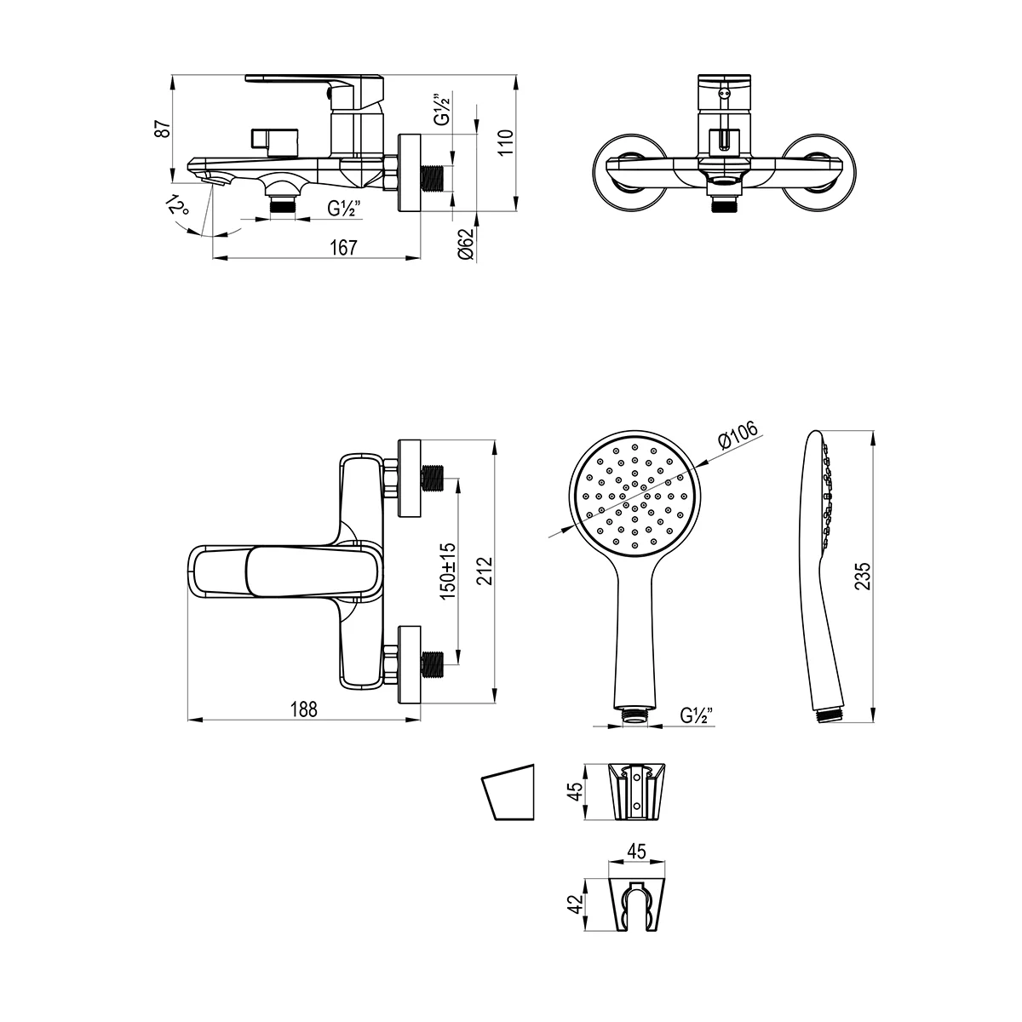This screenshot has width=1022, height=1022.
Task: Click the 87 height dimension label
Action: coord(164,129)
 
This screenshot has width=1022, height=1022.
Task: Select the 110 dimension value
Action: coord(505,142)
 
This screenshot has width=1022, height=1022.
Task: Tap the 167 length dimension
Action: coord(344,248)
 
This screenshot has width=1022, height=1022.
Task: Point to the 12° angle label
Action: coord(177,204)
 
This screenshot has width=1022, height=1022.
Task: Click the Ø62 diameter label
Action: coord(465,244)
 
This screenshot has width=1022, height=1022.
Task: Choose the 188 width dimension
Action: coord(303,709)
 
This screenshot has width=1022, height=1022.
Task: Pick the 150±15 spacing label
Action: coord(448,571)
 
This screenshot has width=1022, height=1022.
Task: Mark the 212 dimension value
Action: coord(485,571)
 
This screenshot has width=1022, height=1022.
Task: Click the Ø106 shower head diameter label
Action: coord(738,436)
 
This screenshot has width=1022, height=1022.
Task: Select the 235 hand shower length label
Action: coord(863,576)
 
